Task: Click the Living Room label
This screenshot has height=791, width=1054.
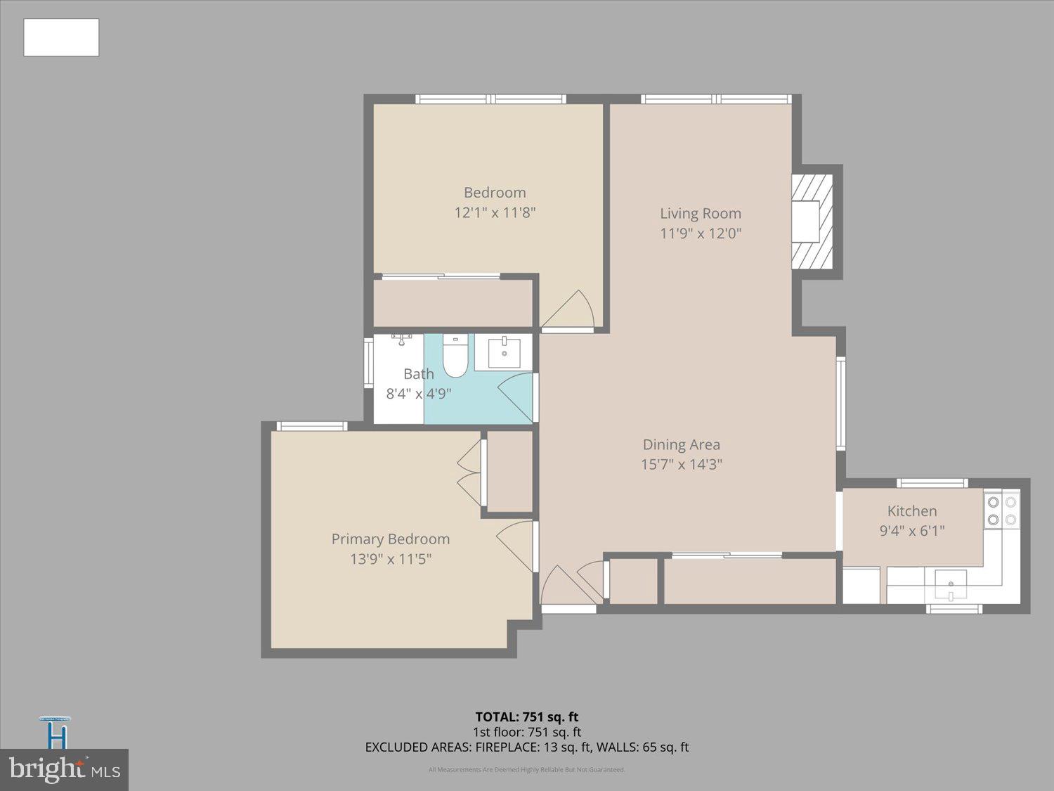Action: pyautogui.click(x=700, y=213)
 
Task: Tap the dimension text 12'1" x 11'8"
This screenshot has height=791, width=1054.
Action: pyautogui.click(x=495, y=212)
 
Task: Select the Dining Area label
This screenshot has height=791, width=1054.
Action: pyautogui.click(x=681, y=444)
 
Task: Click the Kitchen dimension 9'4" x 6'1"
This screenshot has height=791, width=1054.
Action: pyautogui.click(x=911, y=531)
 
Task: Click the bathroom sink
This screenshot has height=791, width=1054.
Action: pyautogui.click(x=504, y=352)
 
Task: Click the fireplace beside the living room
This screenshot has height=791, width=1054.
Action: pyautogui.click(x=812, y=221)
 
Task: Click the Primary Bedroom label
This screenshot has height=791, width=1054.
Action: pyautogui.click(x=390, y=539)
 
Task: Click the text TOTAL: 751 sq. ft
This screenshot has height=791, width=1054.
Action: pyautogui.click(x=526, y=717)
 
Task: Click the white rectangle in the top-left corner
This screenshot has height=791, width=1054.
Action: pyautogui.click(x=61, y=37)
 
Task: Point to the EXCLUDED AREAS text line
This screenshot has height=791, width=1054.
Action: pyautogui.click(x=526, y=747)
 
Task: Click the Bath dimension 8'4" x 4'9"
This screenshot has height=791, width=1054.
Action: pyautogui.click(x=418, y=394)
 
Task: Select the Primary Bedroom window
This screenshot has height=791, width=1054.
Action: pyautogui.click(x=311, y=426)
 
